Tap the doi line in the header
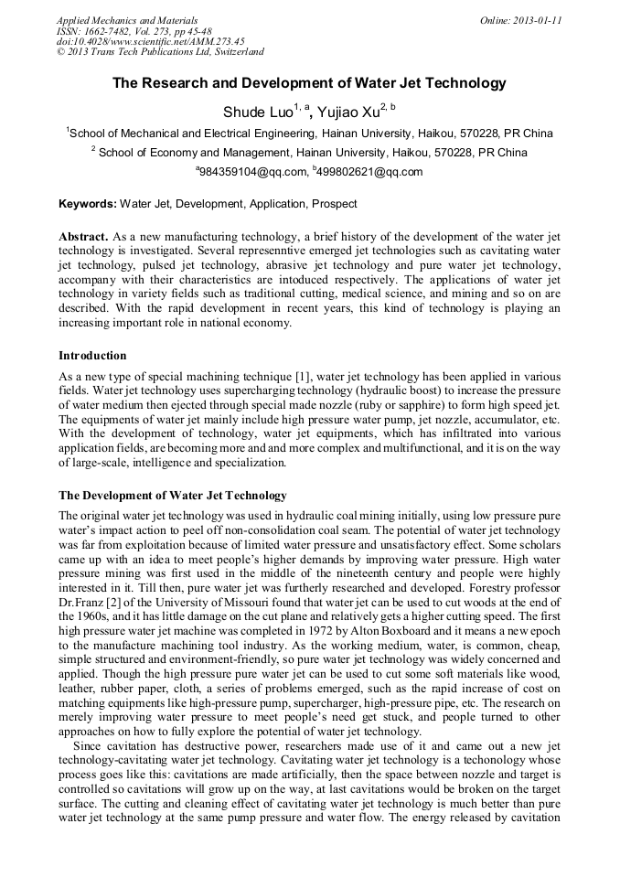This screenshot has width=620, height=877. click(x=151, y=41)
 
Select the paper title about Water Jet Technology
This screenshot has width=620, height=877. click(x=309, y=83)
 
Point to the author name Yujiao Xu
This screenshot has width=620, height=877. click(x=351, y=112)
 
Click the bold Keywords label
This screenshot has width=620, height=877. click(x=88, y=204)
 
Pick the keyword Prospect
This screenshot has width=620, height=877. click(x=334, y=204)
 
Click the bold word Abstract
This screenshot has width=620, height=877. click(x=84, y=237)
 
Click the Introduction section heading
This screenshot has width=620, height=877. click(x=92, y=356)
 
